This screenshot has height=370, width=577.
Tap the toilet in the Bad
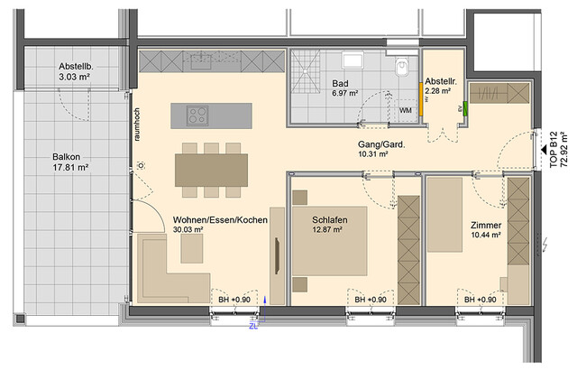(405, 69)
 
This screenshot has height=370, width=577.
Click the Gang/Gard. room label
(371, 148)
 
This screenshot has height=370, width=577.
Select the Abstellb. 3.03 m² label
(78, 72)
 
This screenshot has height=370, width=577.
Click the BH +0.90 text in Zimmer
(479, 299)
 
